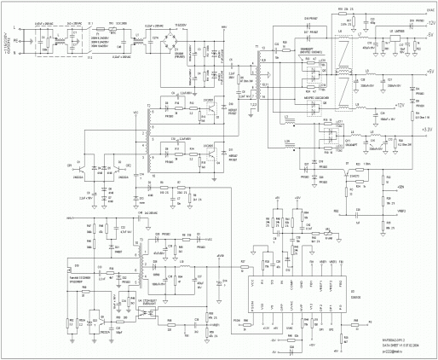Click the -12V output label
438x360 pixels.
click(x=430, y=24)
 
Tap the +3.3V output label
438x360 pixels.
click(x=429, y=128)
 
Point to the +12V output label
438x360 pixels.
click(x=429, y=104)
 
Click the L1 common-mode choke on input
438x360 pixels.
click(x=59, y=40)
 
